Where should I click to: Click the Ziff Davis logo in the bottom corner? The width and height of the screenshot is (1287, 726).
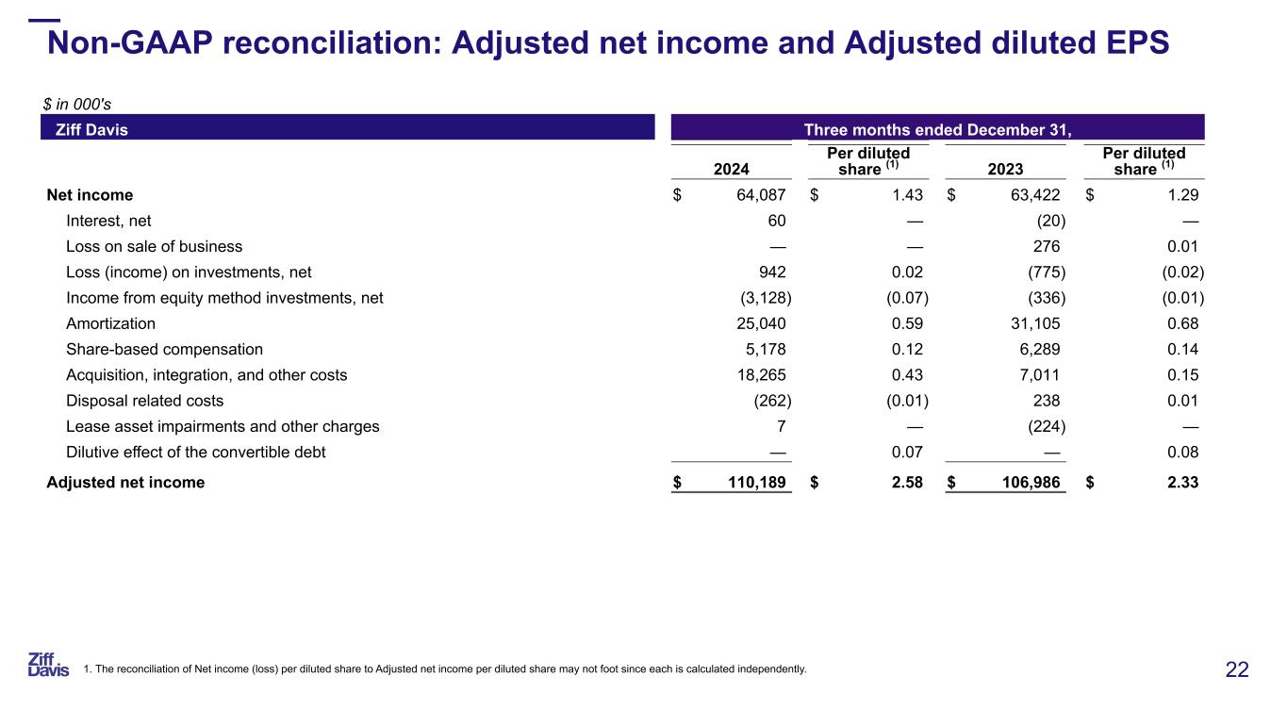[48, 664]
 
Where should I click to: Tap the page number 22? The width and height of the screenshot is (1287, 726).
[1237, 670]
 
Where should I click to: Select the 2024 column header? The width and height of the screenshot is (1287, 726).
[732, 170]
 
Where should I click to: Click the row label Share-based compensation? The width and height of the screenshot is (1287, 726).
[164, 349]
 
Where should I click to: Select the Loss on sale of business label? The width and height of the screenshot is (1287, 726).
[154, 246]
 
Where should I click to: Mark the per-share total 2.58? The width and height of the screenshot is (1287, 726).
[905, 483]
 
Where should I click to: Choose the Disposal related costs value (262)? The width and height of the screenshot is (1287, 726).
[765, 401]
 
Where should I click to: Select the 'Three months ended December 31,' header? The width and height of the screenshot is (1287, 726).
[937, 128]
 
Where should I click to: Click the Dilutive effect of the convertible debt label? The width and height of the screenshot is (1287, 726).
[195, 452]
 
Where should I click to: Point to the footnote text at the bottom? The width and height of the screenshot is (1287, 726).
[445, 670]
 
